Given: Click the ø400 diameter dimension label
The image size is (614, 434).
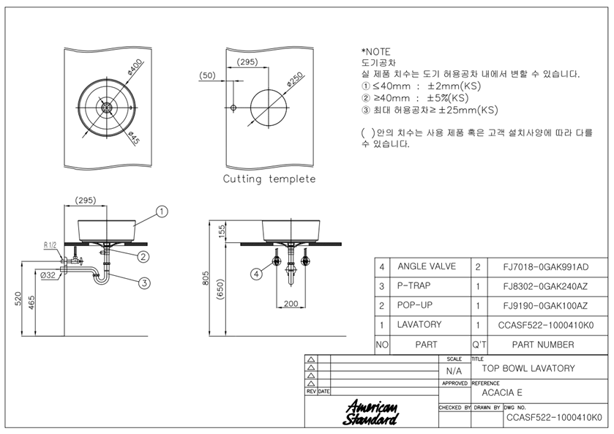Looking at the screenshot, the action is click(x=135, y=67).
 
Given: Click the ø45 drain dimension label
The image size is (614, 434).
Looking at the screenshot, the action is click(x=134, y=138).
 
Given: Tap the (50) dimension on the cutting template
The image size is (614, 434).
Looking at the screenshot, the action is click(x=207, y=75).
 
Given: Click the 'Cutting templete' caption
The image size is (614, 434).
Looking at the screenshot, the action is click(x=269, y=179).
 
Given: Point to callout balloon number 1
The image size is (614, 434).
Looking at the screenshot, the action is click(x=162, y=212).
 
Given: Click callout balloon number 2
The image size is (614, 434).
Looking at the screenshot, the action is click(x=143, y=257).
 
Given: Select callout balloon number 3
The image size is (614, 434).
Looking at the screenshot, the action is click(x=144, y=283).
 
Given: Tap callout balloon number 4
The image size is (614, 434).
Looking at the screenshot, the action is click(x=256, y=274).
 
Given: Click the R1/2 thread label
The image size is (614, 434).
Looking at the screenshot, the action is click(x=50, y=245).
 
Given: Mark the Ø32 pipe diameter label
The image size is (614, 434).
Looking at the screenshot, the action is click(x=48, y=275).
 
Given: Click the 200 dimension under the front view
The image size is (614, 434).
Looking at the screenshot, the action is click(x=291, y=303).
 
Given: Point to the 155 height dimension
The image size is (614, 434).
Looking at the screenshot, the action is click(x=222, y=231).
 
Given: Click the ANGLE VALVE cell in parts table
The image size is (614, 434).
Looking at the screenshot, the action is click(x=427, y=266).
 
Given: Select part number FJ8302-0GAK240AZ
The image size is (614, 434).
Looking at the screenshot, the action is click(x=545, y=286).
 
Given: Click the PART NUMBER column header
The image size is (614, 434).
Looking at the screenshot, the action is click(x=543, y=345).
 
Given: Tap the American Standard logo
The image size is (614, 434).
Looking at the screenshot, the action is click(x=370, y=413).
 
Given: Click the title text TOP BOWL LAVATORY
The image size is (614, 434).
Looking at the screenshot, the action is click(x=528, y=368).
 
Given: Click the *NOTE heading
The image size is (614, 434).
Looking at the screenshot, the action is click(x=376, y=52).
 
